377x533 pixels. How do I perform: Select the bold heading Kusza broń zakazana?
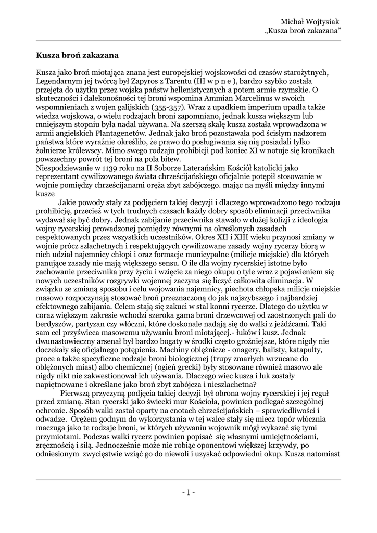(78, 54)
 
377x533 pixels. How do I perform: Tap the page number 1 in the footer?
(188, 492)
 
